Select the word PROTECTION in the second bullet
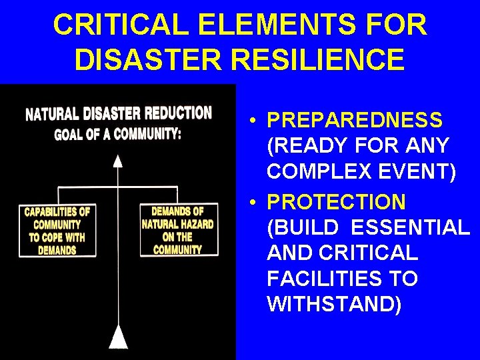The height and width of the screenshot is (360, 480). (336, 202)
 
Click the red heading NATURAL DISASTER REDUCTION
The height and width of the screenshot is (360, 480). (119, 113)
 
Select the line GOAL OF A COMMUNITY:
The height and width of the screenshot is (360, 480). (117, 133)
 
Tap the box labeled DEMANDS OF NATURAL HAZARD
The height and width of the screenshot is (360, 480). (178, 230)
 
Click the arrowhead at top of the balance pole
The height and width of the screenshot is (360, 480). (118, 160)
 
